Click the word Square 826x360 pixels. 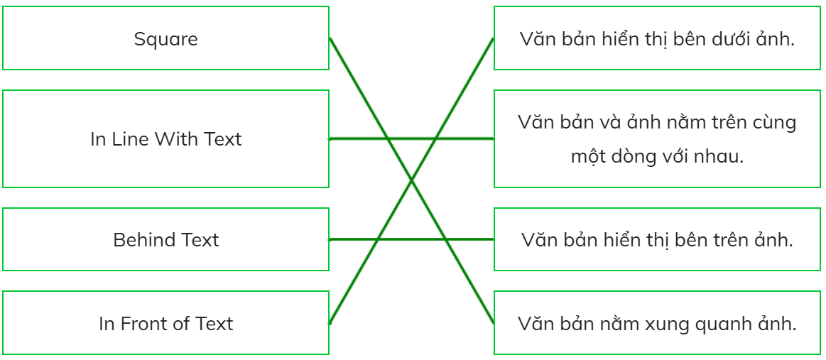[x=166, y=40]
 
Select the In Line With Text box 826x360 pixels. [x=166, y=138]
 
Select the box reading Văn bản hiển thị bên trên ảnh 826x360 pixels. [x=658, y=239]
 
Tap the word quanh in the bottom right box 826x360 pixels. [x=723, y=324]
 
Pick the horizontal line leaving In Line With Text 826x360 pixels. [x=411, y=138]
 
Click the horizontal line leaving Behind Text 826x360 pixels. [x=411, y=239]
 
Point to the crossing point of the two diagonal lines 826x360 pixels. [x=411, y=180]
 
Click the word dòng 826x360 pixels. [x=636, y=156]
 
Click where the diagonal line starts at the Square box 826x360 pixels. [x=330, y=38]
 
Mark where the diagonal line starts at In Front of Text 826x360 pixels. [x=330, y=323]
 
